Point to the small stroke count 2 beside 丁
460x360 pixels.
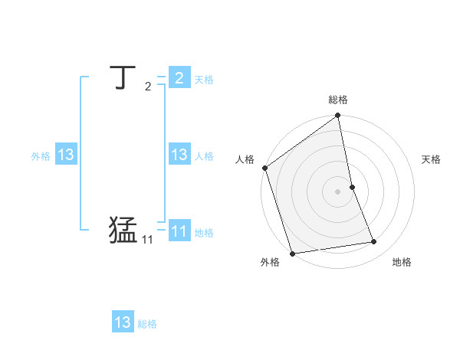point(148,87)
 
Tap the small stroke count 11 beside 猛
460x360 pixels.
point(147,240)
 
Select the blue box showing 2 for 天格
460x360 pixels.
point(179,77)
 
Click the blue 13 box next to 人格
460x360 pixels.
point(179,155)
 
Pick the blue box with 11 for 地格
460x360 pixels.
point(179,231)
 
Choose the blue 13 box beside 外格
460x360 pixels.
point(66,155)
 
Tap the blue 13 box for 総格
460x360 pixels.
point(123,322)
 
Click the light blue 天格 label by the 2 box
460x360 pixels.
point(204,80)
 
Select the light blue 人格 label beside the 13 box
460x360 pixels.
point(204,156)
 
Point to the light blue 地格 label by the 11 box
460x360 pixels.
point(204,233)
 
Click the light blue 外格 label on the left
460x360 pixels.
point(41,156)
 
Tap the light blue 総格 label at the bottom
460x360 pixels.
point(147,325)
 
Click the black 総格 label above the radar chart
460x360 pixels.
point(338,100)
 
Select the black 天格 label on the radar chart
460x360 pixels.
point(432,159)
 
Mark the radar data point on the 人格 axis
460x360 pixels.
point(265,168)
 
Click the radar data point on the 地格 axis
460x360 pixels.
point(374,242)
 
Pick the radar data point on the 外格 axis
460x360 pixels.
point(292,254)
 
